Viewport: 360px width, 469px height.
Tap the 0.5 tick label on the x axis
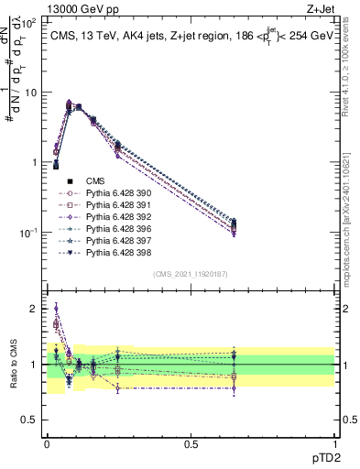tap(191, 442)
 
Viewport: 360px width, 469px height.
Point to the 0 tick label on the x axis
tap(47, 442)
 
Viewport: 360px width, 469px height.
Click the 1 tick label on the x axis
tap(334, 442)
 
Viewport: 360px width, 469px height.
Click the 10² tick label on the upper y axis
tap(29, 23)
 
